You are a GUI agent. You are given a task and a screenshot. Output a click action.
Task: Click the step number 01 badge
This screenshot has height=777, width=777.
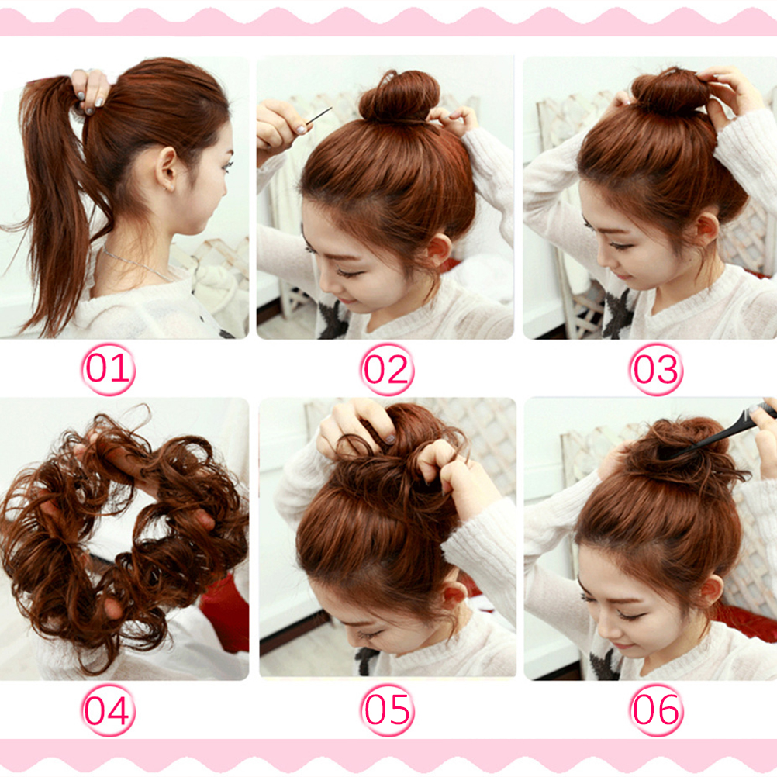(109, 369)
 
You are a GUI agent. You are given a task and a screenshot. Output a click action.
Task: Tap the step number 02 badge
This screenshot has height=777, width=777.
(387, 369)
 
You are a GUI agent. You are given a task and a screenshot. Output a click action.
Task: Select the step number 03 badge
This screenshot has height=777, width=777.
(656, 369)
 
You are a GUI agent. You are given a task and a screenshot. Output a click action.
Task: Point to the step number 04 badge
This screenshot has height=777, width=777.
(108, 710)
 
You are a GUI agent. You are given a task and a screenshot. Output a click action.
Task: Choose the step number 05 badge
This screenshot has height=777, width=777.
(387, 710)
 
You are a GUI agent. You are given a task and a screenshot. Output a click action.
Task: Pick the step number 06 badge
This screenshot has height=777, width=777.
(656, 710)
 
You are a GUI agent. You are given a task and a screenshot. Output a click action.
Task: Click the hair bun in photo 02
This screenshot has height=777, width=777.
(399, 97)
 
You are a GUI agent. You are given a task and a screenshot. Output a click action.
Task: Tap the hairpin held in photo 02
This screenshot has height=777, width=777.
(318, 116)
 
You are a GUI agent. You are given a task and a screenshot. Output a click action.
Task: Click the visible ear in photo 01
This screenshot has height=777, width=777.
(166, 169)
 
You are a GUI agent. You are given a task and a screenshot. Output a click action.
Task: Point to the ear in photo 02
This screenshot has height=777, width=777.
(439, 250)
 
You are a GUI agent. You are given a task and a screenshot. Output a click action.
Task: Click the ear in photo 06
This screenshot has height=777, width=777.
(710, 589)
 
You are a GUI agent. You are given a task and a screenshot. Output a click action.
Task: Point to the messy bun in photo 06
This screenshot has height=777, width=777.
(686, 454)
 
